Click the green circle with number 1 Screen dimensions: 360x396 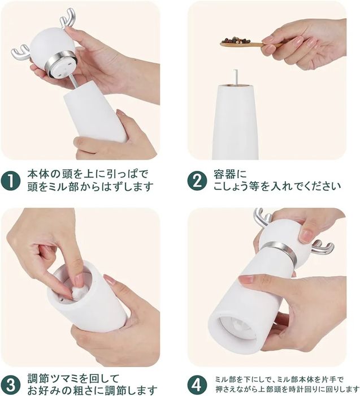(11, 181)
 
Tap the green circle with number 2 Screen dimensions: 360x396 (197, 181)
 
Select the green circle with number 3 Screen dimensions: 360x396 (11, 385)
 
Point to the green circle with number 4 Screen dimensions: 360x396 (197, 385)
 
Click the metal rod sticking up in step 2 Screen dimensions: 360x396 (236, 78)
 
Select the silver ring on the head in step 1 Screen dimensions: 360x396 (61, 63)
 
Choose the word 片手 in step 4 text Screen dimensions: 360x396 (330, 380)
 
